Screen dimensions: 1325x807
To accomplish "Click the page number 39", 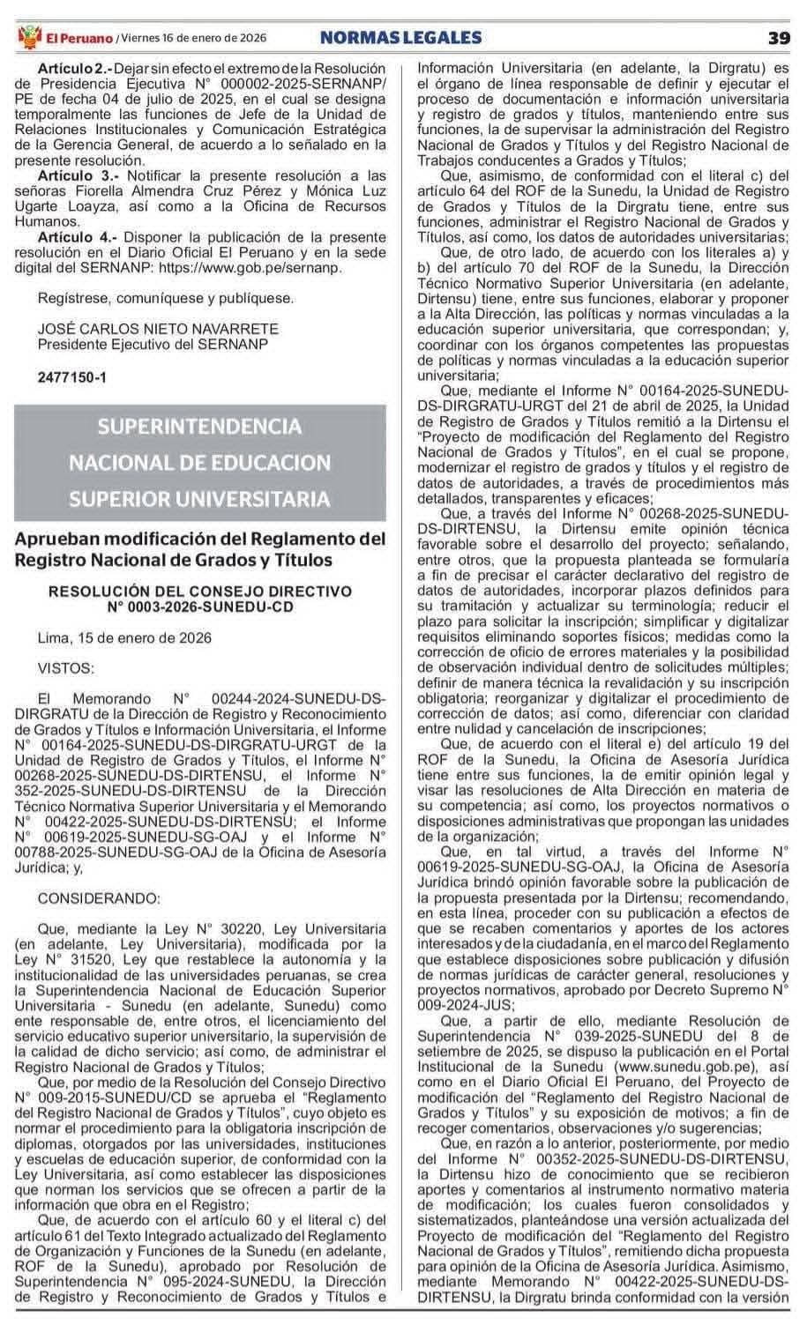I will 778,37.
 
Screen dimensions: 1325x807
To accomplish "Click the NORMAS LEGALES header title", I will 400,37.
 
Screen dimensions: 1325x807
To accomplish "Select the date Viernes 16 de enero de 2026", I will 194,38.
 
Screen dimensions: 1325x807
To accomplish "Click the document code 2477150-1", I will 72,376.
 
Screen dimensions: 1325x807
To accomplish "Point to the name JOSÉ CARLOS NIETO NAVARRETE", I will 158,329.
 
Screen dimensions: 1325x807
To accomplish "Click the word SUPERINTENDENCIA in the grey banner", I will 200,427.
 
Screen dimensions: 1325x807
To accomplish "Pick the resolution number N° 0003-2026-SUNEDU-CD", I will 200,607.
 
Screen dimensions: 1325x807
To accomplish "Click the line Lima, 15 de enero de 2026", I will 125,637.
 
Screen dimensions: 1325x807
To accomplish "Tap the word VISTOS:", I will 66,668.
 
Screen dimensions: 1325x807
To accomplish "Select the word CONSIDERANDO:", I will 100,898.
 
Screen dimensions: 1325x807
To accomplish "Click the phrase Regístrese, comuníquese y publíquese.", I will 166,298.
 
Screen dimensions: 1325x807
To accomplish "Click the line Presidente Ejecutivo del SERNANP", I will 153,344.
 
